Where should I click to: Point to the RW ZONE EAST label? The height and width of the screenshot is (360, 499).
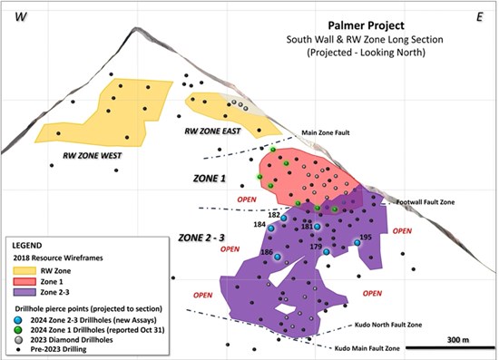pos(217,131)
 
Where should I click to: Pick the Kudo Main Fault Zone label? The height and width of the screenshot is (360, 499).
pos(370,348)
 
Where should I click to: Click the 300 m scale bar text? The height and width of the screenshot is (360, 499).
pos(462,339)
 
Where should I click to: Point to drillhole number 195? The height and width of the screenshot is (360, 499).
pos(366,238)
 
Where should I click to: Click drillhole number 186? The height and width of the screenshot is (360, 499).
pos(267,252)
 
